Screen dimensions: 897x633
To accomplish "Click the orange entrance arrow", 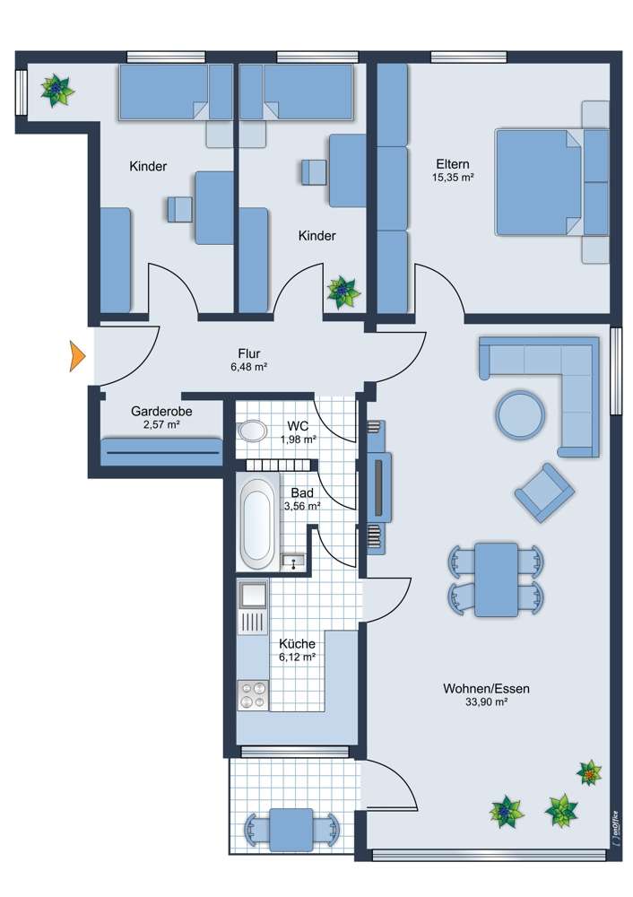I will click(77, 356).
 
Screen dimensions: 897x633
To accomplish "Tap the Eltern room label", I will click(452, 164).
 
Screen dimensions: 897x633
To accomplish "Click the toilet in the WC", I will click(252, 431).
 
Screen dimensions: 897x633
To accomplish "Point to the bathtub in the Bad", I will click(257, 523).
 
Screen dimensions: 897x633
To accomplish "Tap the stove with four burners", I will click(253, 695).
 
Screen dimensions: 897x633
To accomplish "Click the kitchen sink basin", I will click(252, 594).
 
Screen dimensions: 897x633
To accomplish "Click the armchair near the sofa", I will click(543, 492).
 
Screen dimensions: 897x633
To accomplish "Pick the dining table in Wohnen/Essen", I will click(496, 579).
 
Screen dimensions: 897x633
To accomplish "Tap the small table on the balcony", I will click(290, 828).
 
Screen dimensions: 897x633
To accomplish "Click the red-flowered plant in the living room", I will click(589, 772).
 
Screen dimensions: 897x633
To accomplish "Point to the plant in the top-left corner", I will click(57, 90).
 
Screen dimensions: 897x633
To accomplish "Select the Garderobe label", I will click(161, 411).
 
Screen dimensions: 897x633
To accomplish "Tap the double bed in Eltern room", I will click(538, 183).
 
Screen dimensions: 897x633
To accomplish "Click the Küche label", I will click(297, 644).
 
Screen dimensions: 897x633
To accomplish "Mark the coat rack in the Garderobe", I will click(162, 452).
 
